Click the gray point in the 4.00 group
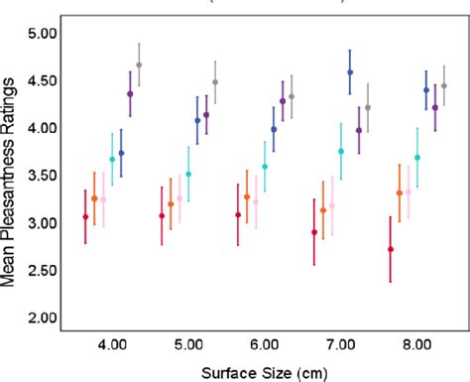pyautogui.click(x=139, y=64)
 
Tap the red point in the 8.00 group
pyautogui.click(x=391, y=249)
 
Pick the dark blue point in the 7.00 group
pyautogui.click(x=350, y=72)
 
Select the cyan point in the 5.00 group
pyautogui.click(x=188, y=174)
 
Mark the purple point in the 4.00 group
pyautogui.click(x=130, y=94)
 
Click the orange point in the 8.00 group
pyautogui.click(x=400, y=193)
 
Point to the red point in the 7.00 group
pyautogui.click(x=314, y=232)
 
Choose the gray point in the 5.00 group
pyautogui.click(x=215, y=82)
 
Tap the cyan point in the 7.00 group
pyautogui.click(x=341, y=152)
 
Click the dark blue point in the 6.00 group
pyautogui.click(x=274, y=129)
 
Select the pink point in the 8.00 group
pyautogui.click(x=409, y=191)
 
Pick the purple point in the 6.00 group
pyautogui.click(x=283, y=101)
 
